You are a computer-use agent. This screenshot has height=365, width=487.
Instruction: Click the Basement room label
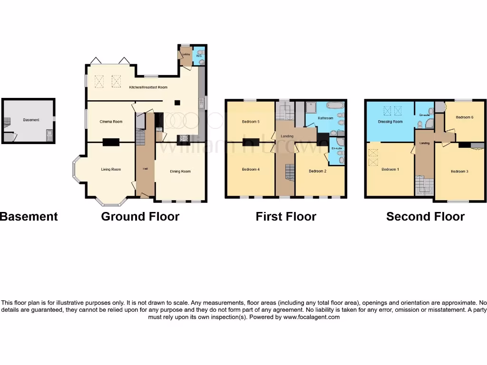pyautogui.click(x=31, y=120)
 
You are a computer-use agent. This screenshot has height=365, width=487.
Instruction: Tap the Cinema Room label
pyautogui.click(x=111, y=122)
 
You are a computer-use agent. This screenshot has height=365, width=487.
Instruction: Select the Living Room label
pyautogui.click(x=111, y=169)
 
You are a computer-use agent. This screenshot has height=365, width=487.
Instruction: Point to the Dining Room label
pyautogui.click(x=180, y=171)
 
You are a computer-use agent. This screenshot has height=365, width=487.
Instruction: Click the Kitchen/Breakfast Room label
pyautogui.click(x=148, y=87)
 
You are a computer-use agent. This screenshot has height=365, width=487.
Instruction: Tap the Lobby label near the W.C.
pyautogui.click(x=186, y=54)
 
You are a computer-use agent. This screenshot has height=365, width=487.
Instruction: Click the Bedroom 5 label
pyautogui.click(x=251, y=122)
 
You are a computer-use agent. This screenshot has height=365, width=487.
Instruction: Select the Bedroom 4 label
pyautogui.click(x=251, y=169)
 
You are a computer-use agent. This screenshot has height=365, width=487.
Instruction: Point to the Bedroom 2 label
pyautogui.click(x=317, y=171)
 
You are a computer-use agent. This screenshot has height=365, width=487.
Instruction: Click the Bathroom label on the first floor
pyautogui.click(x=325, y=118)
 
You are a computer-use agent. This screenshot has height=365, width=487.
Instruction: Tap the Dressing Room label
pyautogui.click(x=390, y=122)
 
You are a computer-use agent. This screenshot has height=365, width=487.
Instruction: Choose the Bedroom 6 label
pyautogui.click(x=465, y=117)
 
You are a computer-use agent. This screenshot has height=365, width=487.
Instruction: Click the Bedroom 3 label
pyautogui.click(x=460, y=171)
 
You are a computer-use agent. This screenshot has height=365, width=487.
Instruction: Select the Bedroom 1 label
pyautogui.click(x=390, y=169)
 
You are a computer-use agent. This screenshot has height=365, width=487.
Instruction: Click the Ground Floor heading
pyautogui.click(x=140, y=217)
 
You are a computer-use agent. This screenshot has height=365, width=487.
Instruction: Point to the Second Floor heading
pyautogui.click(x=425, y=217)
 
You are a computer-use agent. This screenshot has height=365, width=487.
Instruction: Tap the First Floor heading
pyautogui.click(x=286, y=217)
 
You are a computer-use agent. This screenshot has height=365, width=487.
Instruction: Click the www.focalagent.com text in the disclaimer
pyautogui.click(x=312, y=317)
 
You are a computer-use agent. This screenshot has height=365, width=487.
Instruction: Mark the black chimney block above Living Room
pyautogui.click(x=111, y=141)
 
